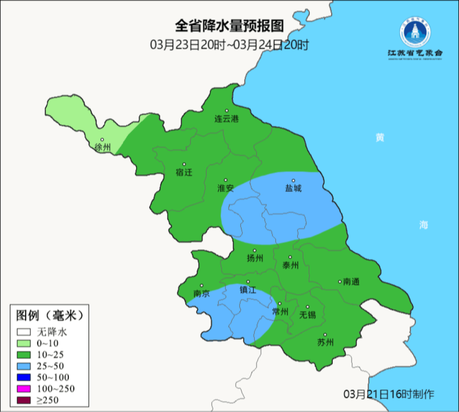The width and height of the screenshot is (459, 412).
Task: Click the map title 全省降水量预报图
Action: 229,26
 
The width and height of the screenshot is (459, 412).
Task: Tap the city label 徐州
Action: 102,148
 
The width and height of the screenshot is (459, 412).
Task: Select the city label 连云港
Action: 227,119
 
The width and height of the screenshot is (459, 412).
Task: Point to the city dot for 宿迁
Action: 184,164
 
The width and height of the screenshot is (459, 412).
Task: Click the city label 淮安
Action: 226,188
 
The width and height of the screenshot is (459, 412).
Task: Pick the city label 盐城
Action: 293,188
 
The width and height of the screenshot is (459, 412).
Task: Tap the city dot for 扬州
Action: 255,251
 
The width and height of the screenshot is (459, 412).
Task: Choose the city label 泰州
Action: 290,265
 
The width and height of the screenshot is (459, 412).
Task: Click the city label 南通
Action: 351,281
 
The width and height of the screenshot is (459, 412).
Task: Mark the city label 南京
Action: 201,293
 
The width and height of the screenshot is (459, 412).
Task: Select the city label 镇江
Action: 248,290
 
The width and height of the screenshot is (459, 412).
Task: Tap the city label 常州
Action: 280,312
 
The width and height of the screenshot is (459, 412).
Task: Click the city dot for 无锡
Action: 307,307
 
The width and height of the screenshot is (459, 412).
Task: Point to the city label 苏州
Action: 325,342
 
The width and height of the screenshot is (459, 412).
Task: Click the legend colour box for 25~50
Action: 24,366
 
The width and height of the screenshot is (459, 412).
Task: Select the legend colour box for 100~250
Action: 24,389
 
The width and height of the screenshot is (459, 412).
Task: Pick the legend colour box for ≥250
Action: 24,400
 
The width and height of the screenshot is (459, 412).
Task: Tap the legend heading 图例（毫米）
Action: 49,315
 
